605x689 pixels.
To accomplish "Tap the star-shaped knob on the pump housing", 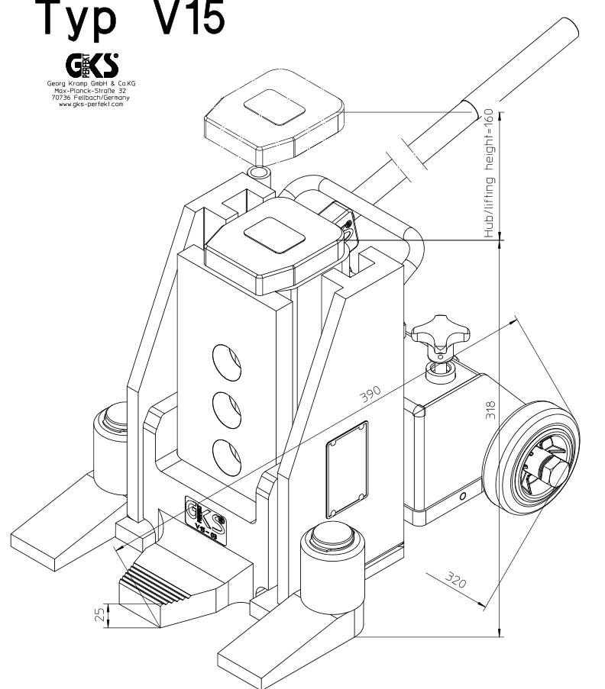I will [436, 334].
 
